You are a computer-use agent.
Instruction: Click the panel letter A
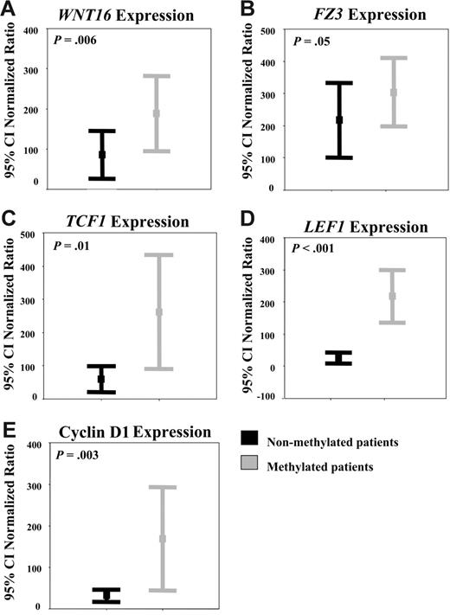(x=10, y=10)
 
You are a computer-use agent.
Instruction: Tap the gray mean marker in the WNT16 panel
(x=157, y=113)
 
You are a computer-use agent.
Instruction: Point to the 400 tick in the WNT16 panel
(x=30, y=32)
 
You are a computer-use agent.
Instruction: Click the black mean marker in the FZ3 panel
(x=338, y=119)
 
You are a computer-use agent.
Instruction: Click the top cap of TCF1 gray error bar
(x=158, y=255)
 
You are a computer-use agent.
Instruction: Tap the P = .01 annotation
(x=68, y=246)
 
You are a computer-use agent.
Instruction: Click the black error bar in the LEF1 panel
(x=338, y=358)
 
